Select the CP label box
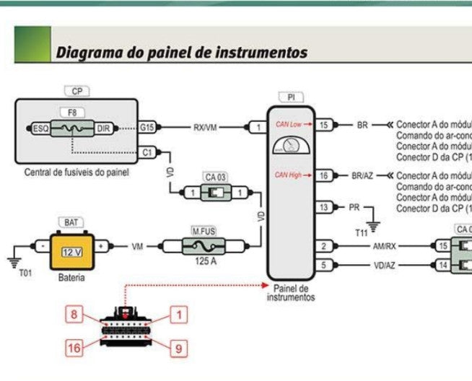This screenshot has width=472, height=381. tap(77, 92)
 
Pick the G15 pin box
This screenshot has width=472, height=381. tap(147, 128)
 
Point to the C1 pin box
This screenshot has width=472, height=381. tap(147, 152)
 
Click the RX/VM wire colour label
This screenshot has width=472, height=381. tap(205, 128)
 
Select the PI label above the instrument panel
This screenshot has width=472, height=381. tap(291, 97)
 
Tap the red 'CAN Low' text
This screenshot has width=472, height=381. tap(289, 125)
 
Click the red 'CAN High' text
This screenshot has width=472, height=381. tap(289, 175)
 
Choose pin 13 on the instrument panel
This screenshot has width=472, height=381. tap(324, 208)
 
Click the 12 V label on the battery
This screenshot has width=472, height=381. tap(71, 252)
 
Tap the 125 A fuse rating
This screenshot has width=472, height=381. tap(206, 262)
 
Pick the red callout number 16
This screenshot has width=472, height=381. tap(73, 348)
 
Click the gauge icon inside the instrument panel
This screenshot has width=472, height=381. tap(291, 148)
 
